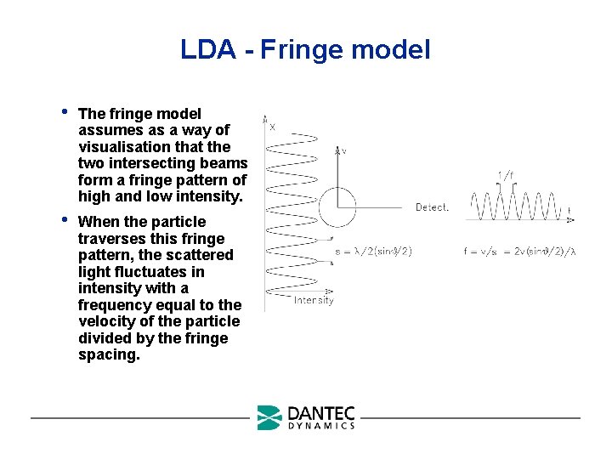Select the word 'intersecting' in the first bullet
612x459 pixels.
tap(141, 163)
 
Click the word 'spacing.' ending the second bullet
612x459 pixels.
tap(108, 354)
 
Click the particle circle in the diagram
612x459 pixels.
tap(337, 208)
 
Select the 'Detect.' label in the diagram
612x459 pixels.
tap(432, 207)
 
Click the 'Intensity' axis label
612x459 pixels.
tap(314, 300)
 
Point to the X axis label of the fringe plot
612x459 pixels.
tap(272, 127)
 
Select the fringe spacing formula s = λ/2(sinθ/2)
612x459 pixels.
tap(373, 251)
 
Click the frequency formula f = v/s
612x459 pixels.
tap(519, 252)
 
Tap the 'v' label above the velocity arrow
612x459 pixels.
tap(343, 151)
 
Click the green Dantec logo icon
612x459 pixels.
tap(269, 417)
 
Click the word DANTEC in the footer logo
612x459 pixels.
tap(320, 413)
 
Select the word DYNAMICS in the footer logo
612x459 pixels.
tap(320, 426)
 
